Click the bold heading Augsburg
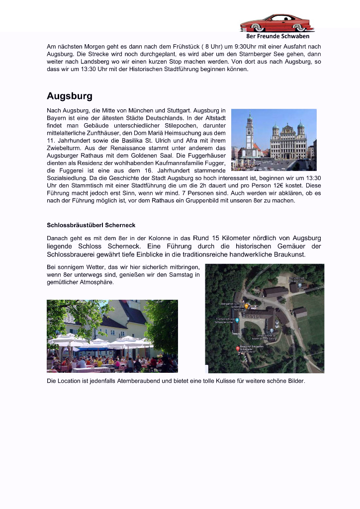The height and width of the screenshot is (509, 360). [x=69, y=96]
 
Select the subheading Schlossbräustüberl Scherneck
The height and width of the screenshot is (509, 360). [x=91, y=225]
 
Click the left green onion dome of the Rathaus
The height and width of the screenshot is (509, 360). [x=275, y=127]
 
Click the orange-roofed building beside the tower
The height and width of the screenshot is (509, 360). [x=258, y=148]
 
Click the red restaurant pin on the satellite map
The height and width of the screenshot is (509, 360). [x=238, y=349]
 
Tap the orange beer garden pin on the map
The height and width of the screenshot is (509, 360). [x=247, y=306]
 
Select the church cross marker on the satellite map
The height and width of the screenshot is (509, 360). [x=271, y=330]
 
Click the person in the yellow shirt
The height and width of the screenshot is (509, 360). [x=99, y=363]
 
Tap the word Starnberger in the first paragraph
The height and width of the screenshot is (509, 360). [x=285, y=54]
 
